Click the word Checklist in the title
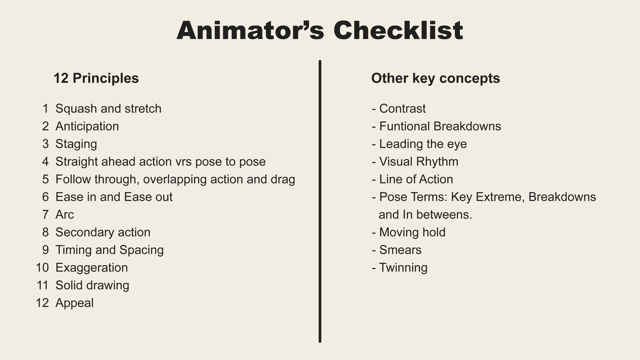398,30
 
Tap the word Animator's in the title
250,30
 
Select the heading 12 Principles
96,78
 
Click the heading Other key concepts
435,78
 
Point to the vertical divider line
319,201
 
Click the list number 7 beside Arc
45,214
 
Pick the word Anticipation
87,126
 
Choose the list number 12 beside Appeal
42,303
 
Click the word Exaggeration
91,268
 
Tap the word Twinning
403,268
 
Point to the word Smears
400,250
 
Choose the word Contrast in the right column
402,108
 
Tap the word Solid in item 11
70,285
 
